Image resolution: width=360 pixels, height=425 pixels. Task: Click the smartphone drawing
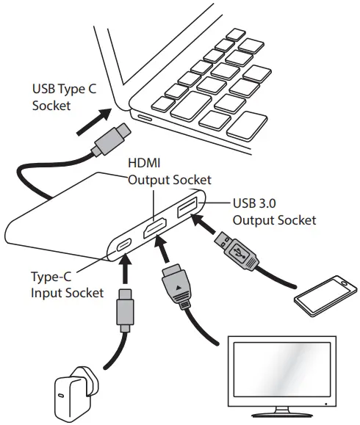pyautogui.click(x=324, y=294)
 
